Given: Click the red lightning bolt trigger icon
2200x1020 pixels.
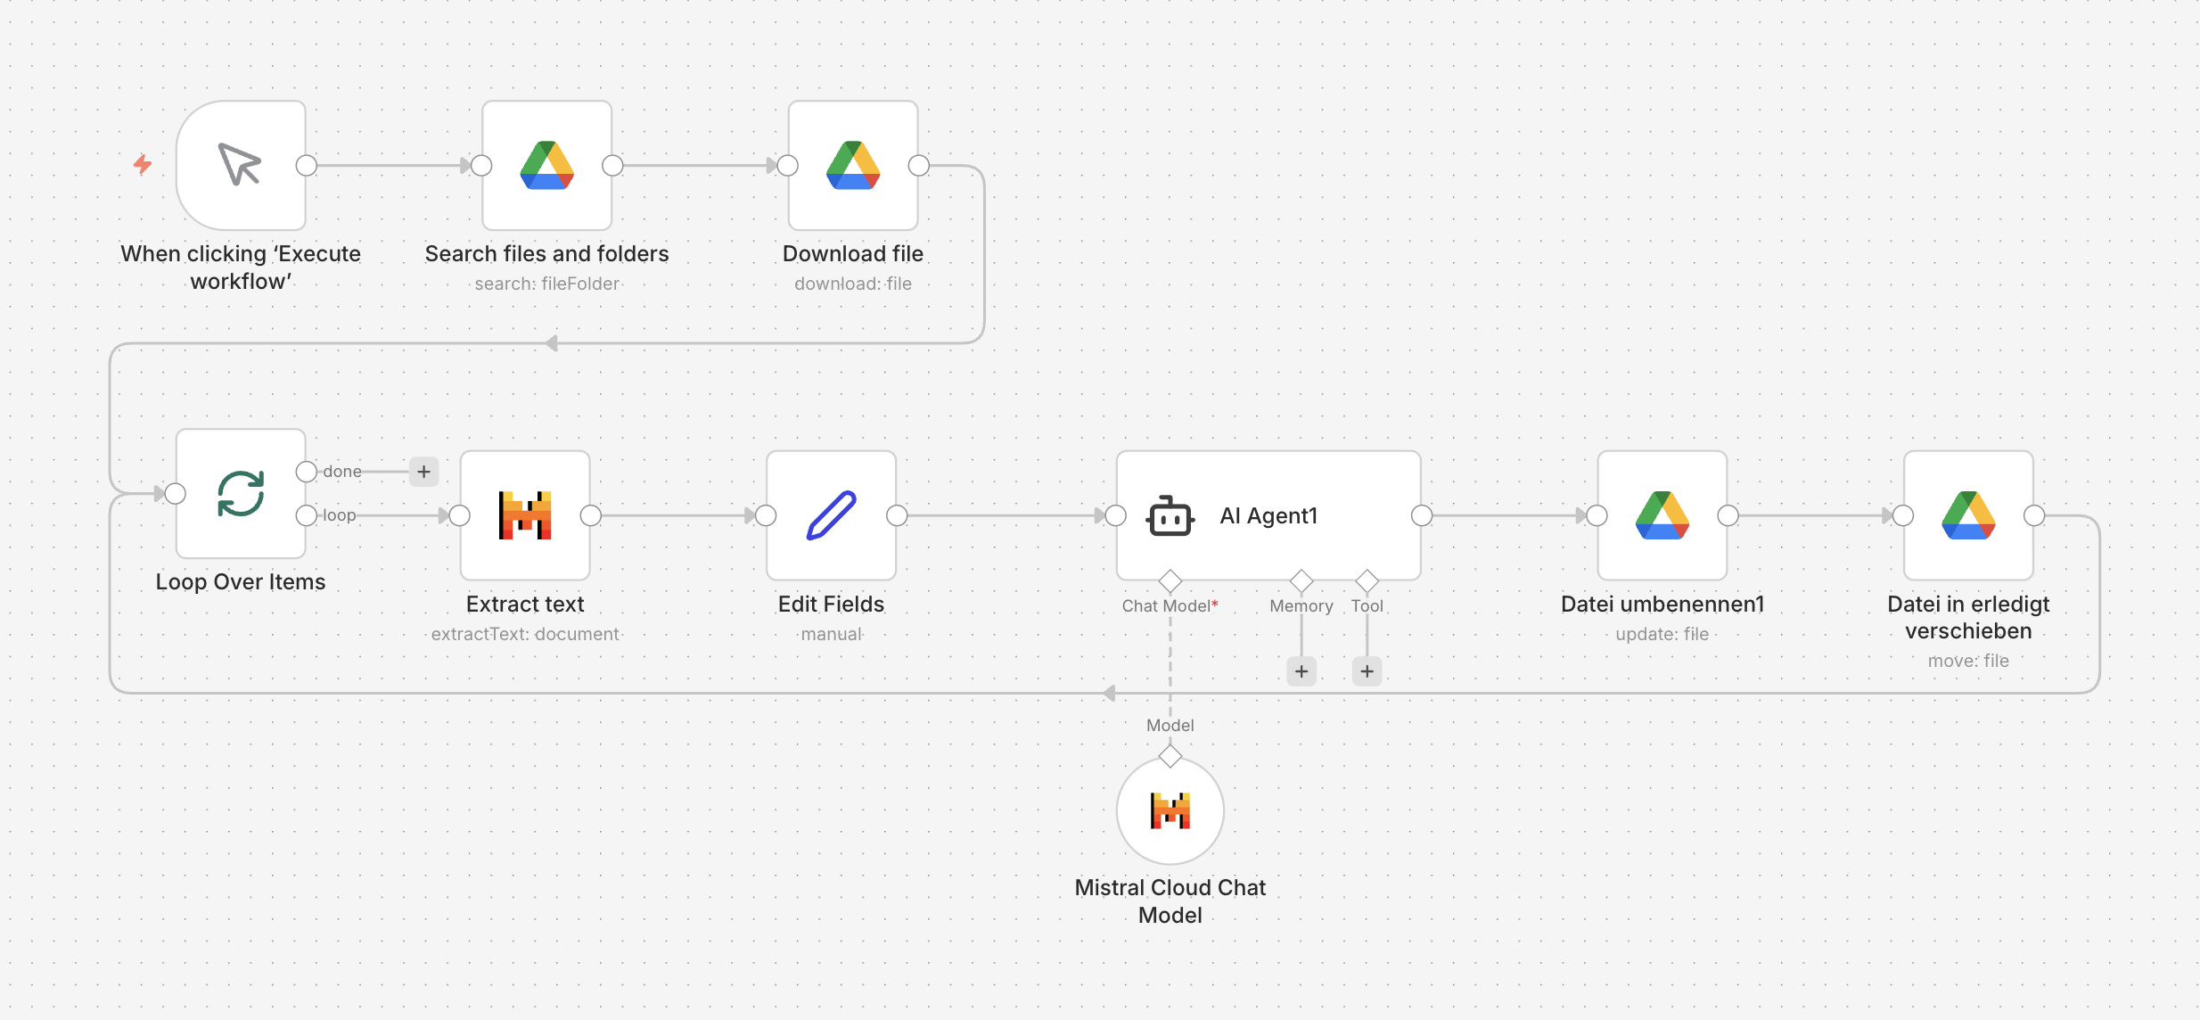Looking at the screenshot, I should (x=143, y=164).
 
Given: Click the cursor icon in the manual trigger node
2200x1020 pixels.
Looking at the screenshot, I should (x=240, y=164).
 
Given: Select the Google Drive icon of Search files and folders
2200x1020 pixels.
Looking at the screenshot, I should (x=546, y=165).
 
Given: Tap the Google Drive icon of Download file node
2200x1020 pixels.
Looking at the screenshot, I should (x=853, y=165).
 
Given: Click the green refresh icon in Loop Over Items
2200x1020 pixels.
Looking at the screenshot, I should (x=241, y=493).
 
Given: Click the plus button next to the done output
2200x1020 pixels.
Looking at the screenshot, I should (x=424, y=471).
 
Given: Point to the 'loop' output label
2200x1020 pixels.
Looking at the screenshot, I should (x=339, y=515).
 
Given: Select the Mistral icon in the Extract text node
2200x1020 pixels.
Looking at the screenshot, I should (x=525, y=515).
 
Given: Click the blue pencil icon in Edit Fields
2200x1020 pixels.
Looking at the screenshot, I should (x=832, y=515).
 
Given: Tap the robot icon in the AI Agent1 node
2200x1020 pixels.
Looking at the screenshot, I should (x=1170, y=515).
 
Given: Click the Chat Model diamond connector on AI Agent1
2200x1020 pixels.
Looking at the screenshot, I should (x=1170, y=581).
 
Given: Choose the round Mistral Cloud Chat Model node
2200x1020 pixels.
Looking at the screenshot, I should (x=1170, y=810).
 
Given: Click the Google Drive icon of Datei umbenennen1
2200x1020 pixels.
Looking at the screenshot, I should (x=1662, y=515).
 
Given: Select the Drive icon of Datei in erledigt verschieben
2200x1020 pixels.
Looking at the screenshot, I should (x=1968, y=515).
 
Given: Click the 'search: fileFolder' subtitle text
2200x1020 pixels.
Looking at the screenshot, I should (x=546, y=284).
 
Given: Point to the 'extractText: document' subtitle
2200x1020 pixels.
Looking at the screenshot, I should (x=525, y=634).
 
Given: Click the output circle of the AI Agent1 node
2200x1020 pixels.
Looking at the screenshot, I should (x=1422, y=515).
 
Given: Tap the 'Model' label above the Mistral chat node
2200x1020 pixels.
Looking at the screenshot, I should (x=1170, y=725).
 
